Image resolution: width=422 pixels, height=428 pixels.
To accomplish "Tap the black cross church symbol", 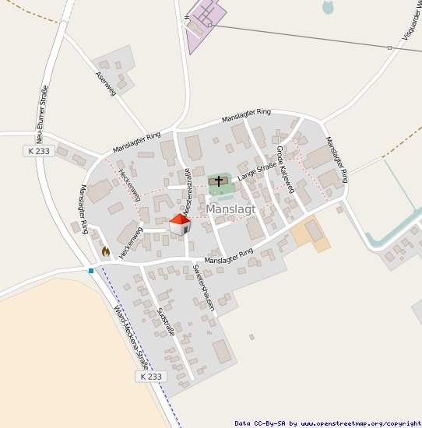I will click(218, 181).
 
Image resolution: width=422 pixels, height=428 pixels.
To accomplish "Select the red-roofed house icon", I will click(180, 224).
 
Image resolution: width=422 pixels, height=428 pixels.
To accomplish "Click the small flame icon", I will click(105, 251).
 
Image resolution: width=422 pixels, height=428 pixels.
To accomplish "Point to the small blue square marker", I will click(91, 271).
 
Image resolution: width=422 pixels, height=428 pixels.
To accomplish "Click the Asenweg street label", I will click(105, 84).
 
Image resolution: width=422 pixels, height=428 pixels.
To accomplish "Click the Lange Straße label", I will click(258, 171).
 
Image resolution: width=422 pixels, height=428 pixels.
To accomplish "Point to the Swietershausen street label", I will click(203, 288).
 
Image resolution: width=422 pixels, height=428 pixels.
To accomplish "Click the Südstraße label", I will click(166, 321).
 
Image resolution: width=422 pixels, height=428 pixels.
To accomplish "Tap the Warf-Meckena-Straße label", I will click(131, 335).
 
